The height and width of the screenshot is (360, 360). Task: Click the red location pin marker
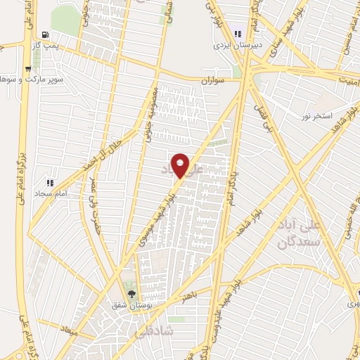click(181, 165)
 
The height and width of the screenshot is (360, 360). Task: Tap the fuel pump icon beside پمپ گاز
click(46, 34)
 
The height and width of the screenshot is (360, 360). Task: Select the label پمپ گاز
click(46, 44)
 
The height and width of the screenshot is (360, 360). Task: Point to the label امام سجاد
click(50, 192)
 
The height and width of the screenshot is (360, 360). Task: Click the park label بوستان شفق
click(131, 306)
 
